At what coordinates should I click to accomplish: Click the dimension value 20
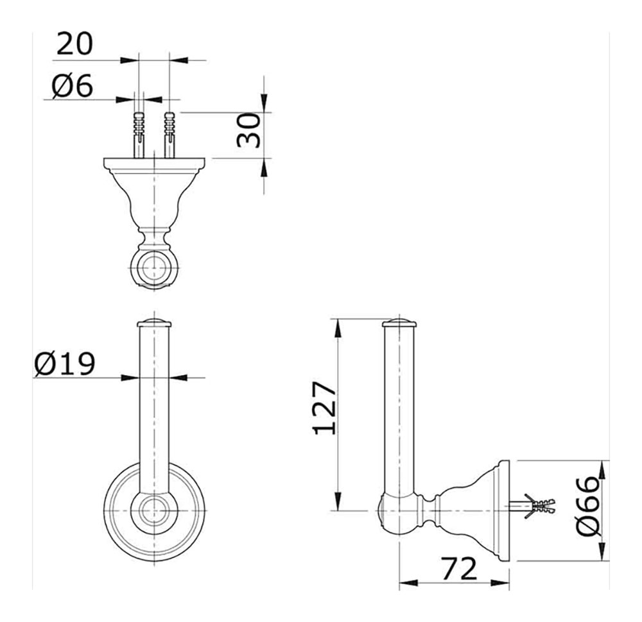[74, 44]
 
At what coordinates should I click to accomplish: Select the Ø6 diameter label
[73, 85]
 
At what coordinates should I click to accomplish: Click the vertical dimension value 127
[325, 408]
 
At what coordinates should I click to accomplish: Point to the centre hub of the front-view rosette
[155, 512]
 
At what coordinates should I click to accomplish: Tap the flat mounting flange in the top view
[155, 165]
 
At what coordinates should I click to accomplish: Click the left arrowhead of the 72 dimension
[404, 584]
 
